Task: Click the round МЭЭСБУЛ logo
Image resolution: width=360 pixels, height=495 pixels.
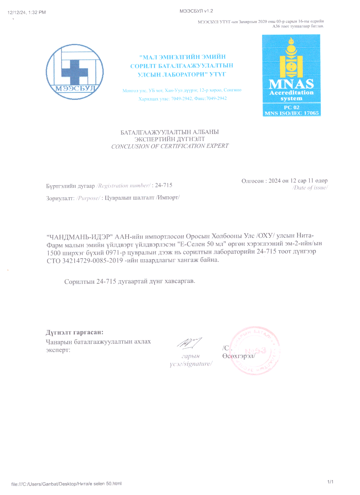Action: [x=75, y=72]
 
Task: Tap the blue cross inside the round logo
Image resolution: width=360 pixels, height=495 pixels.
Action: [x=75, y=71]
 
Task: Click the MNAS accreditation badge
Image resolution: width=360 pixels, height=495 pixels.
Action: [x=291, y=75]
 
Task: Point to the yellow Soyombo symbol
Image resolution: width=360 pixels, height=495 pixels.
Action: [x=291, y=58]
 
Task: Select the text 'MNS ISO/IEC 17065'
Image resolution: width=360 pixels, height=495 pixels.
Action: [x=291, y=113]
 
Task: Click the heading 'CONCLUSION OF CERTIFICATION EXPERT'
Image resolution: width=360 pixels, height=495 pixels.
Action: [x=170, y=146]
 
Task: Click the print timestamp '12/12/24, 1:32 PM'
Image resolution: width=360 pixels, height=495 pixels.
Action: [x=27, y=12]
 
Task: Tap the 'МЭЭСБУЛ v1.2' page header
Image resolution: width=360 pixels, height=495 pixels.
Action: [x=196, y=11]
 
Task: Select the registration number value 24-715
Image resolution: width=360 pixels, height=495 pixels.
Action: [x=164, y=185]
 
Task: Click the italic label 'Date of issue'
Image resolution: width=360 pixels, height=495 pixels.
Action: [x=310, y=188]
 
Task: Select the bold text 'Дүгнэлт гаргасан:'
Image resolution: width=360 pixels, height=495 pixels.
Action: [x=74, y=332]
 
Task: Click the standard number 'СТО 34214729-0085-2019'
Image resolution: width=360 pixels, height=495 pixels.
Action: [x=85, y=260]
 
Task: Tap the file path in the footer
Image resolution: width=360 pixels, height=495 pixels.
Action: [x=66, y=484]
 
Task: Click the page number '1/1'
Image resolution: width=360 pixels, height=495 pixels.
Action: [x=330, y=482]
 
